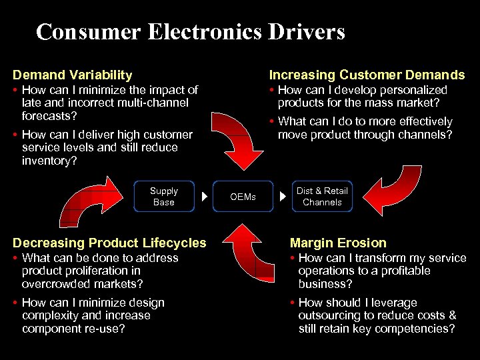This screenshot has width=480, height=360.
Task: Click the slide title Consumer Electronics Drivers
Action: pos(191,31)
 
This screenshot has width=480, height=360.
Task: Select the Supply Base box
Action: pos(163,197)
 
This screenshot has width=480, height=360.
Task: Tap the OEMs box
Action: pos(243,197)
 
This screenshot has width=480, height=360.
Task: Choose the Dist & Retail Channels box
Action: pos(322,197)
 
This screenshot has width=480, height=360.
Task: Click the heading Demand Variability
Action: pos(72,75)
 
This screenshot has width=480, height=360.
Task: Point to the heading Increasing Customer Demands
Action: pos(367,75)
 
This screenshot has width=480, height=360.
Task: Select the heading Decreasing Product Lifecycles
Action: pos(109,243)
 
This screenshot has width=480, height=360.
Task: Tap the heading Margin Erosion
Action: pos(338,243)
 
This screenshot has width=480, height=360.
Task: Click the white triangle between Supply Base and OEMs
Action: pos(204,197)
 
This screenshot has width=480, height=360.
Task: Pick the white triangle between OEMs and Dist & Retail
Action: pos(283,197)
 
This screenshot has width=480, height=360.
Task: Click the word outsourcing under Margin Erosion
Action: pos(329,315)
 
